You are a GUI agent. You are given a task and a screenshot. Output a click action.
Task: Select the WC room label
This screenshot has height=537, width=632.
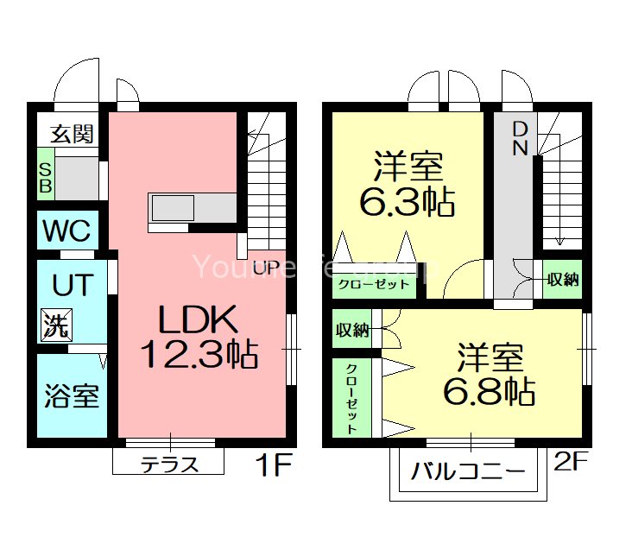point(67,231)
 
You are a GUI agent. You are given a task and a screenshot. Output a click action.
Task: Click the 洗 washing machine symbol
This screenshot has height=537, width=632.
point(57,325)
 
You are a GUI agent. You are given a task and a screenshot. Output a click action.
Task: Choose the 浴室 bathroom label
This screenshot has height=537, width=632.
point(72,396)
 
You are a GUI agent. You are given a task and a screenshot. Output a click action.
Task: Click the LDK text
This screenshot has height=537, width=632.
point(197,321)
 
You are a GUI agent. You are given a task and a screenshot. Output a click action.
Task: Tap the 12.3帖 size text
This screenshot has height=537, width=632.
point(198,354)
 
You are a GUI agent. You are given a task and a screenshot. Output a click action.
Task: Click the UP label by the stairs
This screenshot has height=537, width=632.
point(265,268)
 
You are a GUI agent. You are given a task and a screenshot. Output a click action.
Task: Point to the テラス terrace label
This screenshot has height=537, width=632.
point(169,464)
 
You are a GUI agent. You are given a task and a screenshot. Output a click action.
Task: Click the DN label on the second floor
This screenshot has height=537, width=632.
point(520,138)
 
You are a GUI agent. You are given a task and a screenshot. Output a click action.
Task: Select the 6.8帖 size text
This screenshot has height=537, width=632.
point(490,392)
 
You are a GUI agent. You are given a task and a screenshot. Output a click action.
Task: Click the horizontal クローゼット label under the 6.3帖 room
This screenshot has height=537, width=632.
point(373,284)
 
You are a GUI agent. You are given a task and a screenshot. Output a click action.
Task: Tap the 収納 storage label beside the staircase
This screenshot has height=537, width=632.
point(562,280)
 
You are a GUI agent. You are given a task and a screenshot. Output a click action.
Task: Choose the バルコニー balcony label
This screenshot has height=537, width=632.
point(467,472)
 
